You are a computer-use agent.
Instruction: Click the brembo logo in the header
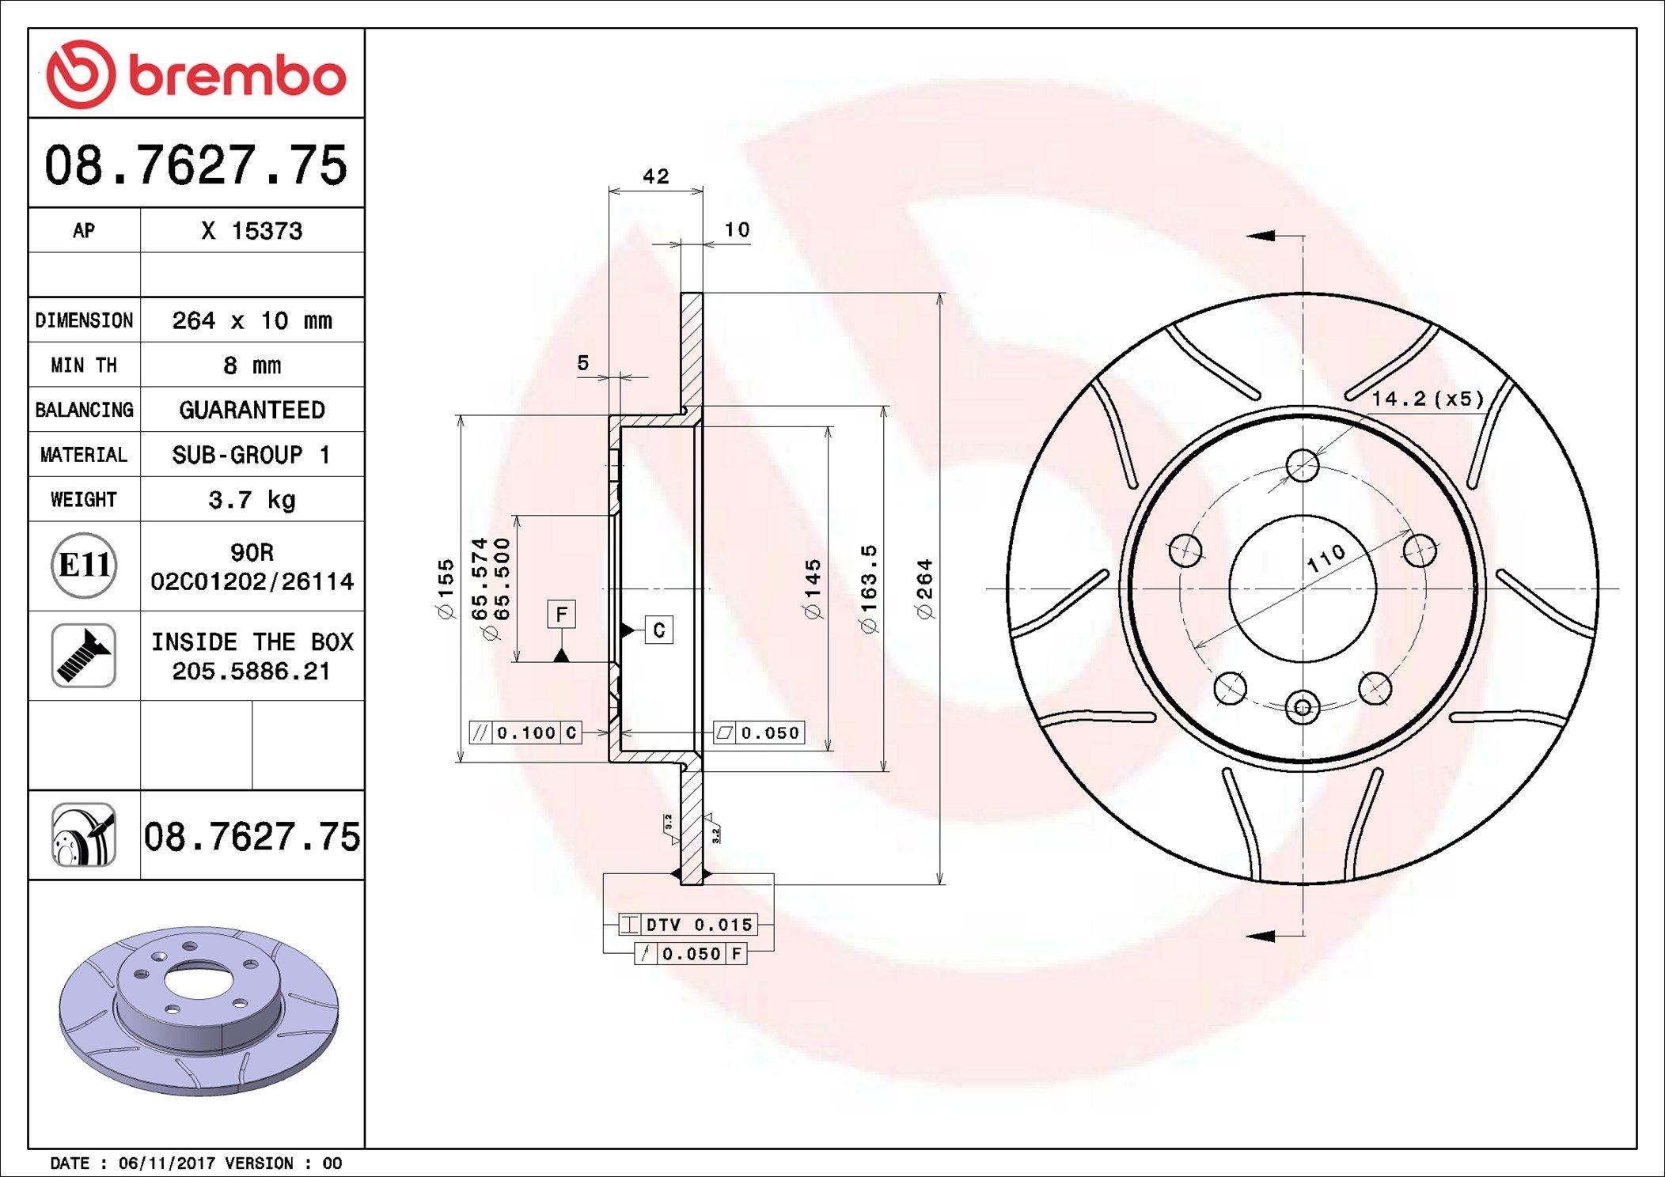195,74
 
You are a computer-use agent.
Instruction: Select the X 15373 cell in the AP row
252,231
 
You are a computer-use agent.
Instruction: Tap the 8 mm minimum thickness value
252,365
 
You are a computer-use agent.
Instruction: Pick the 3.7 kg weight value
252,500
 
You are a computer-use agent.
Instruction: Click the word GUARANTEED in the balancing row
252,410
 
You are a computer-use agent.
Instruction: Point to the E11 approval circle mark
84,566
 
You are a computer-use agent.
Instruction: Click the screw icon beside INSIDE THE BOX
84,655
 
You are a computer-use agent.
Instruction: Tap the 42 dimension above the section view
656,176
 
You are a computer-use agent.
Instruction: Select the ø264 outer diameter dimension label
924,588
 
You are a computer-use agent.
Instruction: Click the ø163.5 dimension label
869,588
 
